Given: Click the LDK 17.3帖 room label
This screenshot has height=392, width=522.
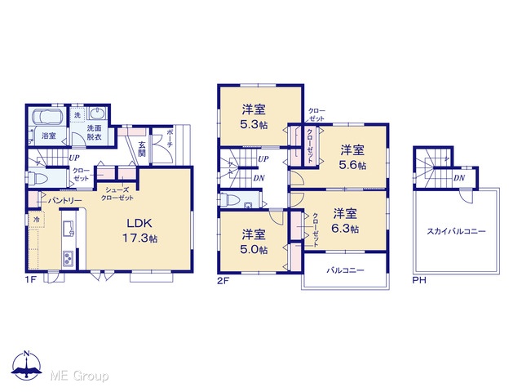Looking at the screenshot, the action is (139, 230).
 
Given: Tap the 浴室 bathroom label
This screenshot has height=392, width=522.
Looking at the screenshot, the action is (49, 136).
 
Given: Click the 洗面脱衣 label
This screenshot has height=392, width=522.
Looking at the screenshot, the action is (95, 132).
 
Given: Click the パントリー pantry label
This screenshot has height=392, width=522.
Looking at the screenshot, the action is (65, 201).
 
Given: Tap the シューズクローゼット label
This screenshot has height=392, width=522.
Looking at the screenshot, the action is (117, 194).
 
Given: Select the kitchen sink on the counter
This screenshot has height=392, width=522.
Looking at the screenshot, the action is (69, 229).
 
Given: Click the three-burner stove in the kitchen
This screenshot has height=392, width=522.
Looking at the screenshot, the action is (69, 259).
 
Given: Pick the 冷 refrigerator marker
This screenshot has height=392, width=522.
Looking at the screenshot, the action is (37, 220).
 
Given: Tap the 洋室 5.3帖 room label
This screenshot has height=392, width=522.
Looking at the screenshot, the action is (254, 117).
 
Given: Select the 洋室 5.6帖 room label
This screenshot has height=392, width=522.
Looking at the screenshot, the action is (352, 158).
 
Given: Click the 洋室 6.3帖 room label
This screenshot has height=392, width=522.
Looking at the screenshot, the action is (345, 220).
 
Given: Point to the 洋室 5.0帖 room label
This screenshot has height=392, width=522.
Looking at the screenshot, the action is (254, 242).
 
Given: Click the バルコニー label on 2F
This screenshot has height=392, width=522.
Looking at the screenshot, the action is (345, 270).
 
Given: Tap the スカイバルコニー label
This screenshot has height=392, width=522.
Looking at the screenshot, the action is (456, 231).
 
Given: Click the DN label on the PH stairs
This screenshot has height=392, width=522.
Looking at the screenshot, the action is (459, 178).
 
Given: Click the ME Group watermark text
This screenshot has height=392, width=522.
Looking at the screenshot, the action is (79, 376).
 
